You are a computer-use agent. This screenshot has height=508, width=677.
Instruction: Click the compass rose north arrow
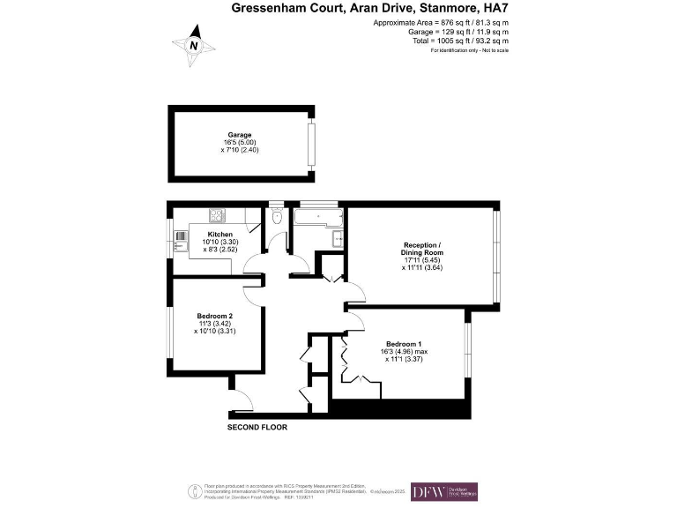pyautogui.click(x=196, y=46)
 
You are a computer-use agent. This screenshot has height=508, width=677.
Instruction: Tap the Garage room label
pyautogui.click(x=240, y=135)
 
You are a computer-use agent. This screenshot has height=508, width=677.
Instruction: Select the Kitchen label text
pyautogui.click(x=219, y=234)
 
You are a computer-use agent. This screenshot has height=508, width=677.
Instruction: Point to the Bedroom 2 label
pyautogui.click(x=215, y=317)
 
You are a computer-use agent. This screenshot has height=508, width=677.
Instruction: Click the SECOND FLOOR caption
pyautogui.click(x=257, y=427)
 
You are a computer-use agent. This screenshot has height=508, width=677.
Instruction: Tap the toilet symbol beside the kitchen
pyautogui.click(x=278, y=217)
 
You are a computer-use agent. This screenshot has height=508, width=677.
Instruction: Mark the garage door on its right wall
pyautogui.click(x=309, y=143)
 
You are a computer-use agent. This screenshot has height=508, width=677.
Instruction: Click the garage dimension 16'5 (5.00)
pyautogui.click(x=240, y=143)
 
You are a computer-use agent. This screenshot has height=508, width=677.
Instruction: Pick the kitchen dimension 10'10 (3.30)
pyautogui.click(x=219, y=242)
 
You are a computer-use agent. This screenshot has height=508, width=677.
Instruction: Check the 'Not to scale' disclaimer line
pyautogui.click(x=470, y=50)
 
